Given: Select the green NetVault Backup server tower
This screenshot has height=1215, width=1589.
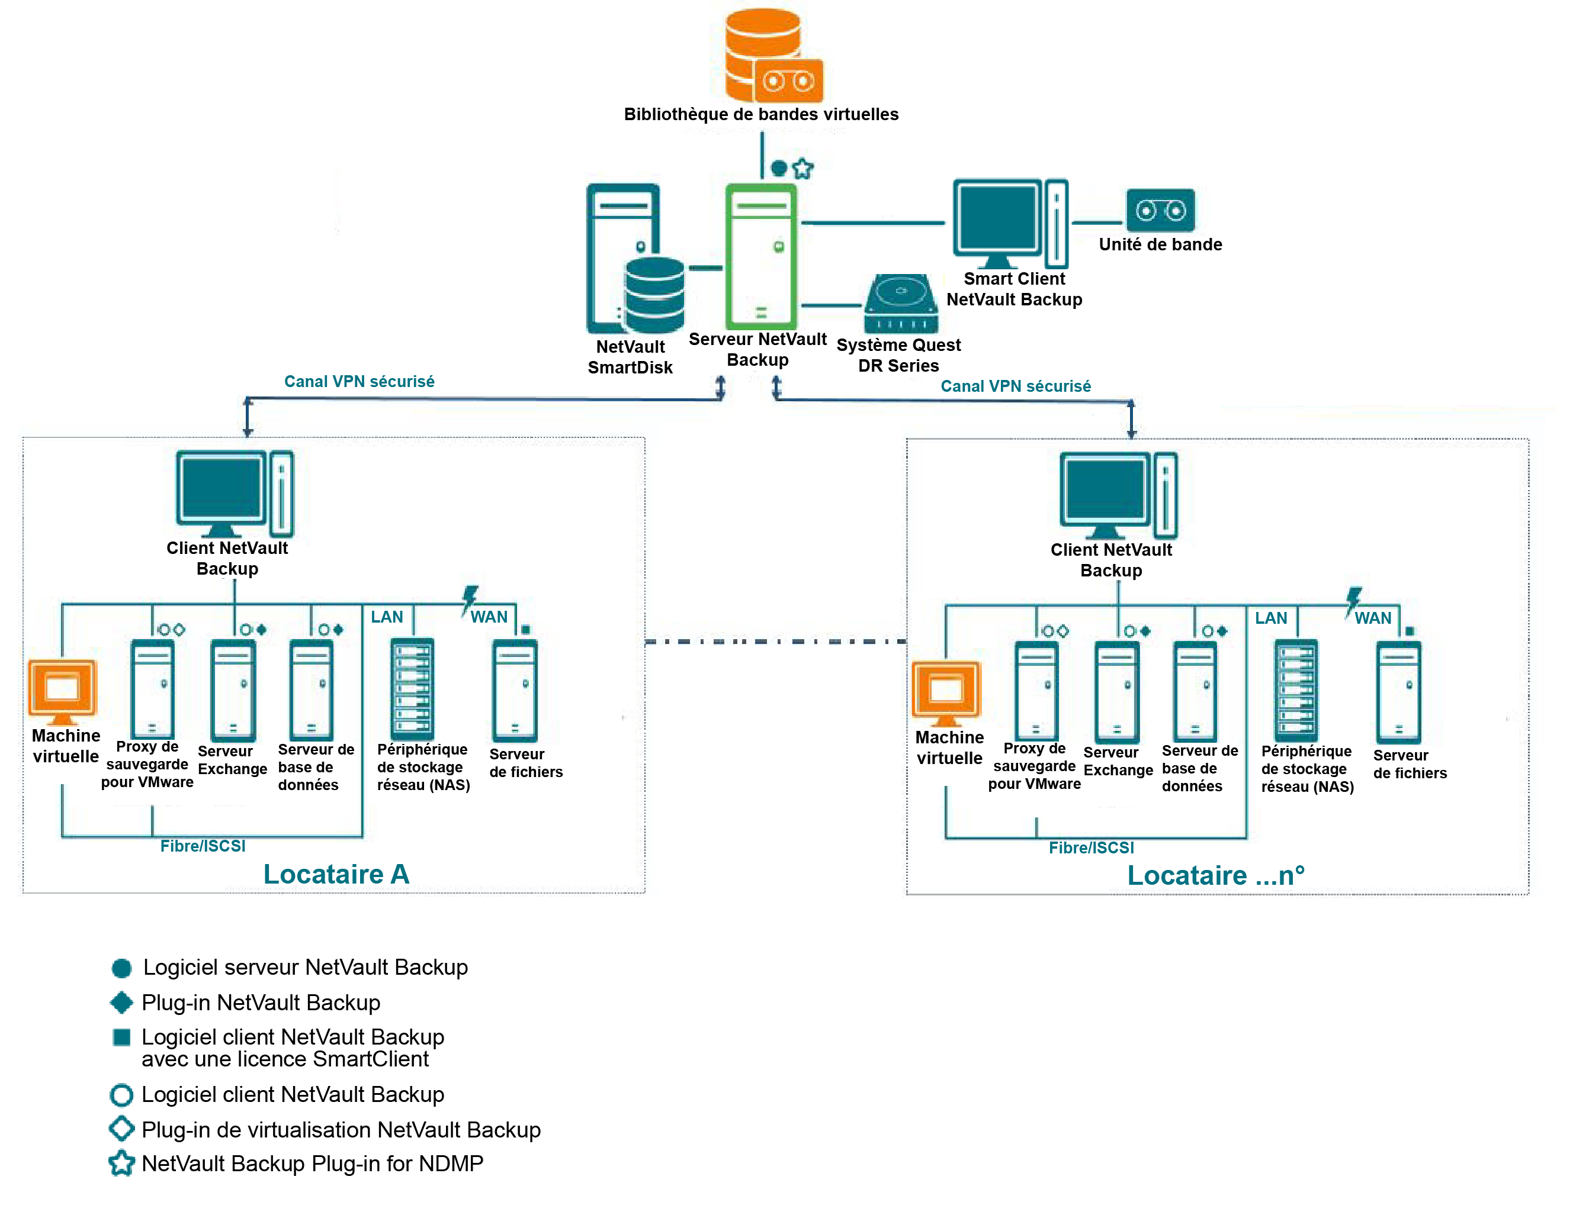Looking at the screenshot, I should point(760,257).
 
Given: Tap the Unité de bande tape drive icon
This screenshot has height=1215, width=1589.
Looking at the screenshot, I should point(1159,211).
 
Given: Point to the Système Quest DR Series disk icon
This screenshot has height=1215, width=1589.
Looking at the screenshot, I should point(900,303).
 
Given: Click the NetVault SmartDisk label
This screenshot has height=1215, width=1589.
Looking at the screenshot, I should point(630,357).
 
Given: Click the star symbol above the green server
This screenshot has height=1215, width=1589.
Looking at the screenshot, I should point(802,169).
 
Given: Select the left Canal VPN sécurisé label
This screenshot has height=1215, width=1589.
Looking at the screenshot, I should point(359,381).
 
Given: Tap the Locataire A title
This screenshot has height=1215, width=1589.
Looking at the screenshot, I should point(336,874).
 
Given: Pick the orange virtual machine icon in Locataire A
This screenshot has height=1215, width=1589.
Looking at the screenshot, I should point(63,691).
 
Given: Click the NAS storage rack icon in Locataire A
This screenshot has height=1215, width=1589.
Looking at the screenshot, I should point(412,688).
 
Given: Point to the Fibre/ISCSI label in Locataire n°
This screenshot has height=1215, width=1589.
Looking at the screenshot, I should point(1090,847).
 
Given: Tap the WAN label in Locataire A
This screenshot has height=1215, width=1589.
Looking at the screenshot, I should point(489,617).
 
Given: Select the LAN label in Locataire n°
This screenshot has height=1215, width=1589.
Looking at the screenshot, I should point(1270,618).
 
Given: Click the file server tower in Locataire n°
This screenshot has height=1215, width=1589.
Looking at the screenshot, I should point(1398,692).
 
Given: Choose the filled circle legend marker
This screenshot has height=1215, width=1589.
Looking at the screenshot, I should point(121,968).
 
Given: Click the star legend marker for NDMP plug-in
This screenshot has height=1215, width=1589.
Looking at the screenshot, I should point(121,1164).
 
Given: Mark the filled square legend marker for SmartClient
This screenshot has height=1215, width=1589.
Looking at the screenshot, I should point(121,1038).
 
